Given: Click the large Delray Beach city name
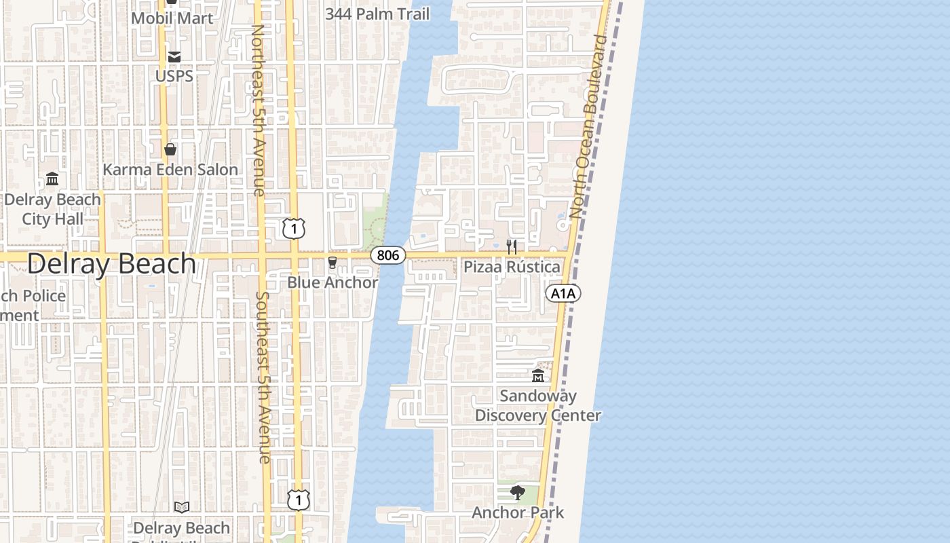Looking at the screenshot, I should (x=111, y=263).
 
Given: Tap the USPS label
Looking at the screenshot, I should (x=174, y=76).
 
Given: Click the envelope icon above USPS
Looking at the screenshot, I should (x=174, y=56).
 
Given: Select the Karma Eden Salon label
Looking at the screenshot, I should (x=170, y=170).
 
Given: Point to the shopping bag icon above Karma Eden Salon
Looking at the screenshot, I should (x=170, y=149).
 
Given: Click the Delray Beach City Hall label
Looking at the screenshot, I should (x=52, y=209).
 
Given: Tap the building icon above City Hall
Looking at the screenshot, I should (x=52, y=179).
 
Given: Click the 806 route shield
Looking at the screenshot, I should (x=388, y=255).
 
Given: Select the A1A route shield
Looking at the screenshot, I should (x=563, y=293).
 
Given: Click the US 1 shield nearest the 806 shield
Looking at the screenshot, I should (x=294, y=229).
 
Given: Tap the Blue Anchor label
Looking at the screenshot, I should (x=332, y=282).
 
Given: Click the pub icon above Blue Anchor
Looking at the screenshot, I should (x=332, y=263).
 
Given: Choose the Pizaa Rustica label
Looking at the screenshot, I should (x=512, y=267).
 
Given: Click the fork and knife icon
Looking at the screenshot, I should (x=512, y=247).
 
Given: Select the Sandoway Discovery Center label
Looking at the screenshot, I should (x=538, y=405).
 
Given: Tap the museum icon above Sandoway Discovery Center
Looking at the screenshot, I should (x=538, y=376).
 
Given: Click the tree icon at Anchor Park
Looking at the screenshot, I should (x=518, y=493).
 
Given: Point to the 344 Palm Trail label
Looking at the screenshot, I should (x=377, y=14).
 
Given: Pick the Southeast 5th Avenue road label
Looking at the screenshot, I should (x=264, y=377).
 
